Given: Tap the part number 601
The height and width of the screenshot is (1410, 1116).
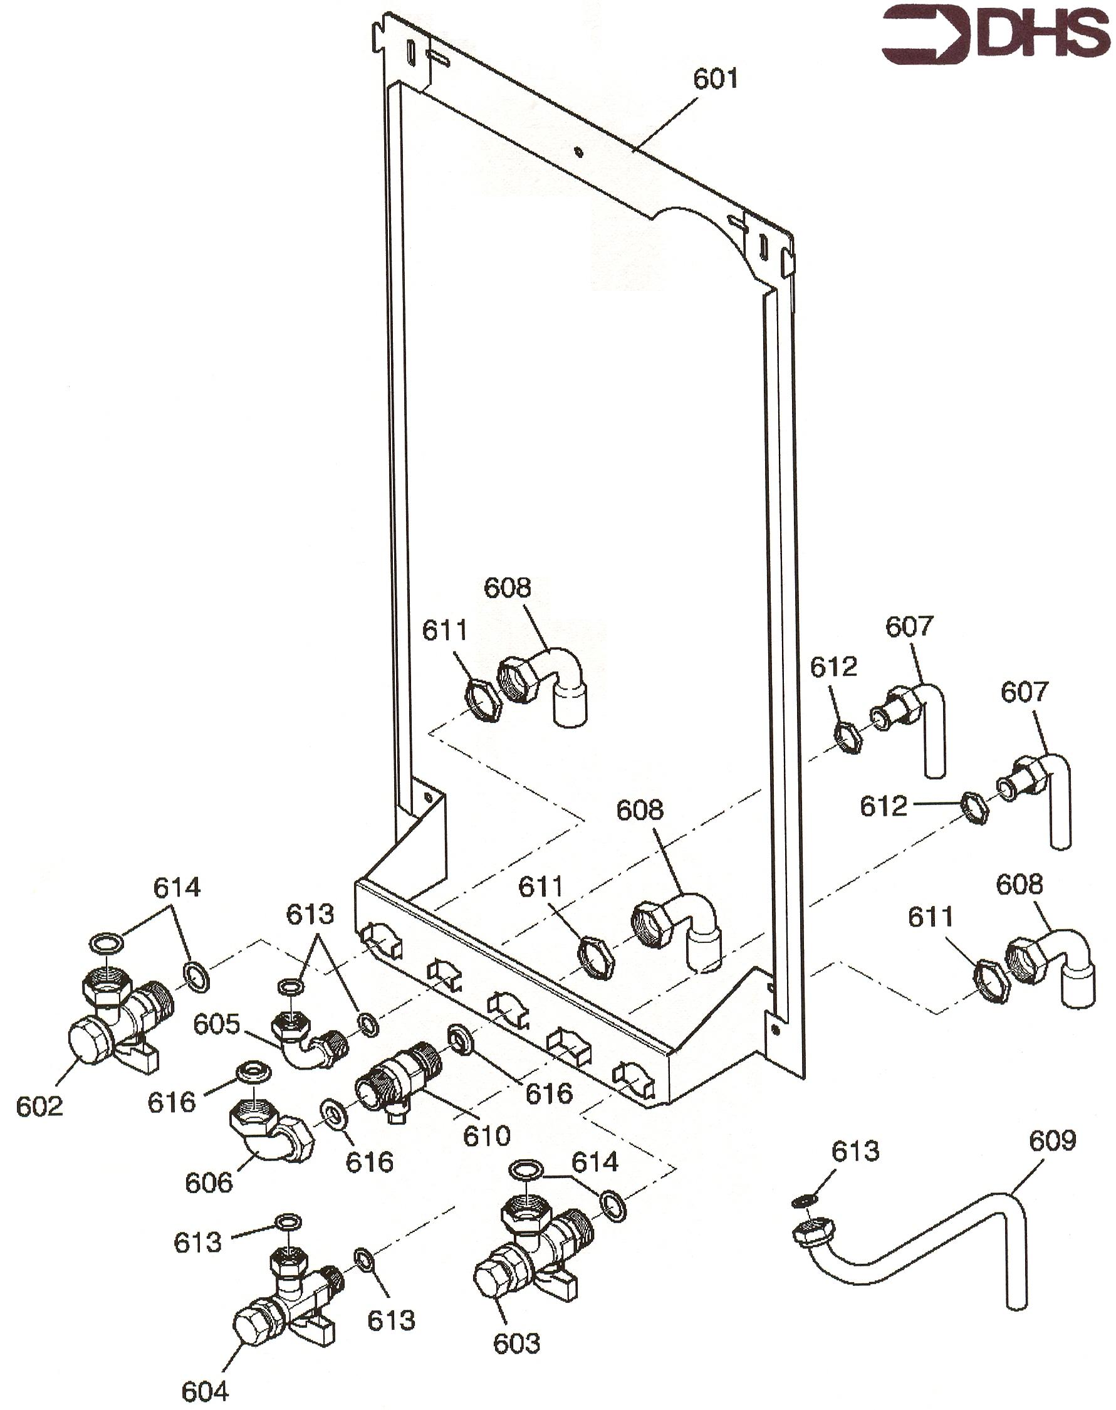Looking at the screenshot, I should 716,78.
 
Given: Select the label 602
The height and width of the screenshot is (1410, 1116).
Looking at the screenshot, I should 39,1106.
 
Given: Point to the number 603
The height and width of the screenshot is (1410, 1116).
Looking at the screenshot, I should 517,1344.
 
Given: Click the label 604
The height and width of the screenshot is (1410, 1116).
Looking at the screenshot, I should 205,1392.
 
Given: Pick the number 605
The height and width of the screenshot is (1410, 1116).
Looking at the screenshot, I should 216,1024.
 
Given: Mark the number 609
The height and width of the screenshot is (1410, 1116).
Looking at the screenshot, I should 1052,1140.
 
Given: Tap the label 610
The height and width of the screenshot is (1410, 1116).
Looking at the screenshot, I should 487,1136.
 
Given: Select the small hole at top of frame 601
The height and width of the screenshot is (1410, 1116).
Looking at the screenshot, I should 578,152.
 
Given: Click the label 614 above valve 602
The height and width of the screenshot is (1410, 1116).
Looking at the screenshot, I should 177,888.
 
